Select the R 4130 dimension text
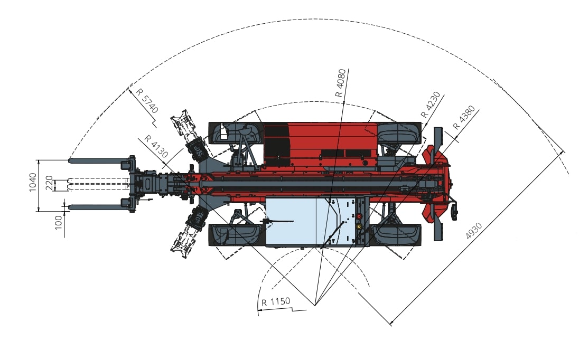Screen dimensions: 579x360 point(156,146)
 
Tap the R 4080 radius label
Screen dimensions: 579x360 point(340,83)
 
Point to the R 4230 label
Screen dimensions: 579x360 point(431,105)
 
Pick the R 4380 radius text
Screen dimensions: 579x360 point(464,118)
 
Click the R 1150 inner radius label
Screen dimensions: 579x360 point(276,302)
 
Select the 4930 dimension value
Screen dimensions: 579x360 point(473,231)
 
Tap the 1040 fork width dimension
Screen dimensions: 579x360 point(33,182)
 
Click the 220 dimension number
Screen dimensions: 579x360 point(49,183)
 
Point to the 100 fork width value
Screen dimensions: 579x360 point(58,223)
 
